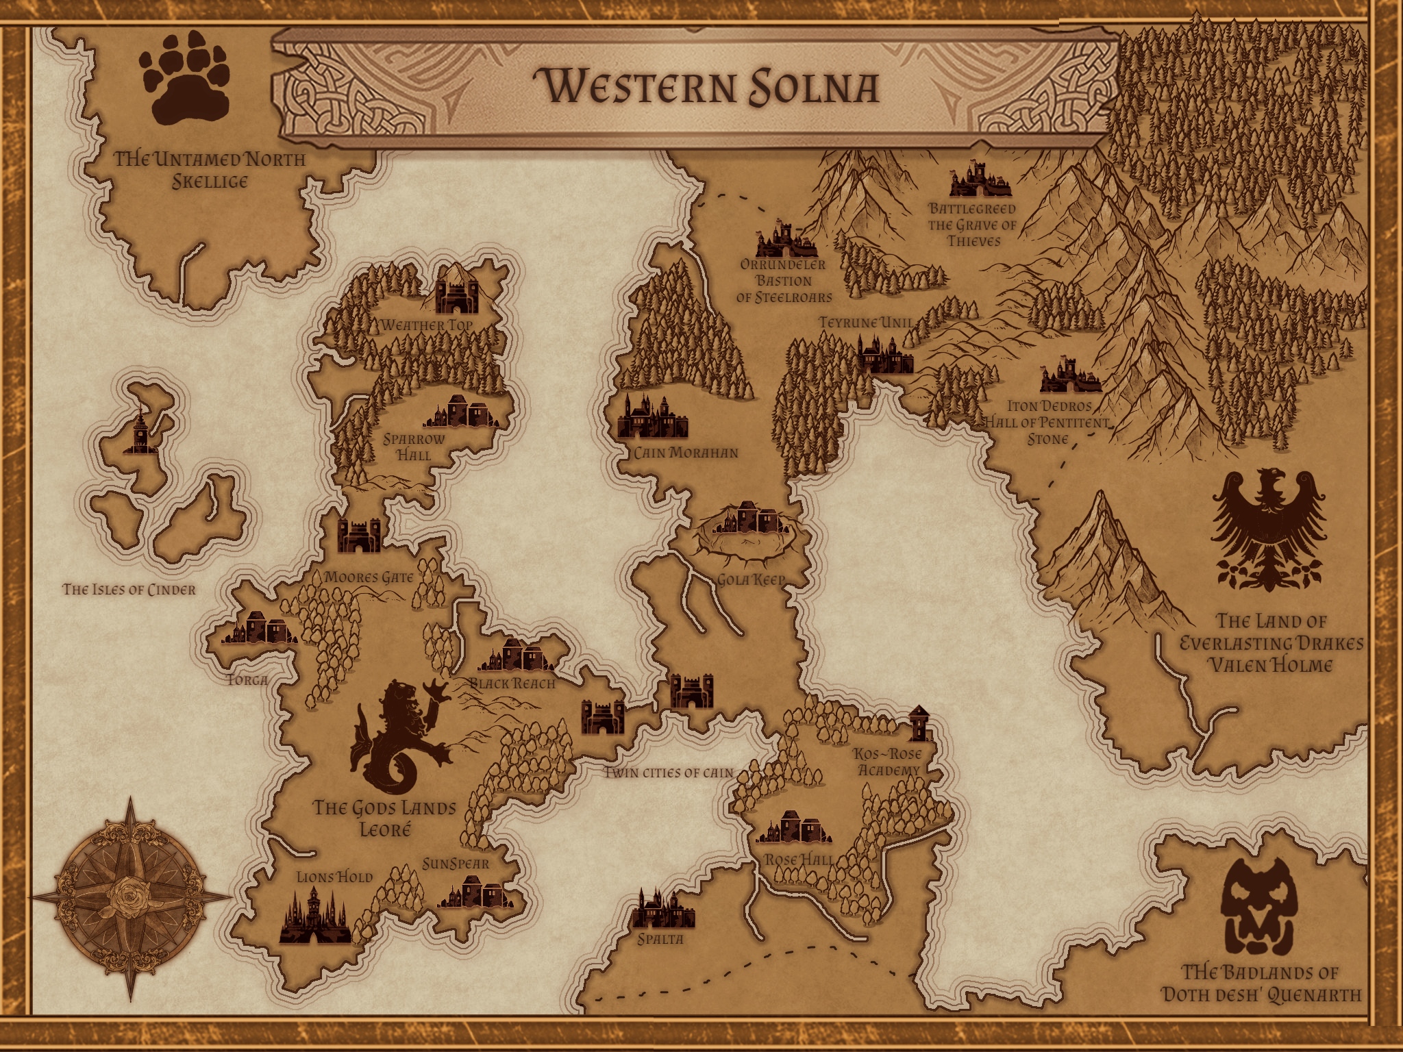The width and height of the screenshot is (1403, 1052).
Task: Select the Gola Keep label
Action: tap(750, 580)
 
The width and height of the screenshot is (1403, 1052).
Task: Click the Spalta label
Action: tap(660, 939)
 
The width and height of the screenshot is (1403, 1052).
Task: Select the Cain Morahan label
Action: tap(685, 453)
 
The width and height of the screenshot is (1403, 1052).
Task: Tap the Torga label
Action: tap(247, 680)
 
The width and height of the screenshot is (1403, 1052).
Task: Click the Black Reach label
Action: tap(512, 683)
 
